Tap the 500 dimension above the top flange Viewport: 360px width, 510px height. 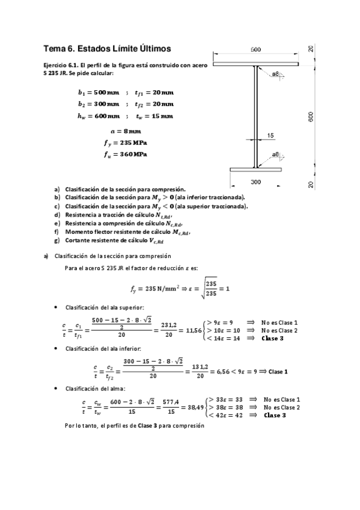tap(255, 49)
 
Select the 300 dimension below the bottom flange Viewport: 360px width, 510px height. tap(255, 181)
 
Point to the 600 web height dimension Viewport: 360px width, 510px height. tap(311, 117)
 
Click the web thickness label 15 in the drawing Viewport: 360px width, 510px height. tap(270, 136)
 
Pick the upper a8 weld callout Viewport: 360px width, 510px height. tap(275, 74)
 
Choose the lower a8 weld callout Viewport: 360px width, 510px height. tap(275, 155)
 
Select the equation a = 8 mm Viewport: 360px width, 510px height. tap(126, 131)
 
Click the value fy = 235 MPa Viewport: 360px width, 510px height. tap(126, 143)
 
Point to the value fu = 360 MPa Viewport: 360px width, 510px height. tap(126, 155)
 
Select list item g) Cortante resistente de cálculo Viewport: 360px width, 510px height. tap(114, 241)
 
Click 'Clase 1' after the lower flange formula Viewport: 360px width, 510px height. tap(278, 371)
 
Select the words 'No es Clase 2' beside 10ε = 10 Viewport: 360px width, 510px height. tap(279, 331)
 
